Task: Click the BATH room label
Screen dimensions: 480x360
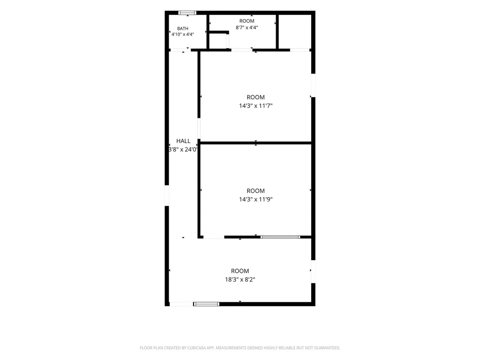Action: point(183,29)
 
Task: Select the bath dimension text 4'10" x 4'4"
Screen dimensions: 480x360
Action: point(183,34)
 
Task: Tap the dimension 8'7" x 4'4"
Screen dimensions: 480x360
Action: point(247,27)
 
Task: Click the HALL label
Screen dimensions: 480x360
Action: point(183,141)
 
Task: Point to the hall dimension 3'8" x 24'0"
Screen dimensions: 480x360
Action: point(183,150)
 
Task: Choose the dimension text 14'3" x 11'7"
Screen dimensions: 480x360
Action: point(255,105)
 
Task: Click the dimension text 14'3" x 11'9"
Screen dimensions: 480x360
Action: point(255,199)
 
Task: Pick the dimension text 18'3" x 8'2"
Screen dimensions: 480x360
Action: point(240,279)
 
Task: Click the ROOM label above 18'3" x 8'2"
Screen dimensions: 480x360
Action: point(240,271)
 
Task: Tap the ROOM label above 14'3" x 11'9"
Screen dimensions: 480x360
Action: point(255,191)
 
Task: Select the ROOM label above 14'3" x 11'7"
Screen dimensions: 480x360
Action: point(255,97)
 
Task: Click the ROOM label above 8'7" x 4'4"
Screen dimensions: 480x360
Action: point(247,21)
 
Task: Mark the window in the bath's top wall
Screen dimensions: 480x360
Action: point(187,13)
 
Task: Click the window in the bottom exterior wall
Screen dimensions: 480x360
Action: point(206,304)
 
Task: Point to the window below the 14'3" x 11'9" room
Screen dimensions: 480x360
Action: point(280,237)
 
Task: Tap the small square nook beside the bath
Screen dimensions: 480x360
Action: point(217,41)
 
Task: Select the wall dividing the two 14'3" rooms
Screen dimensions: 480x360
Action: point(255,142)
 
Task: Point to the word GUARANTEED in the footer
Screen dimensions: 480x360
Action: point(328,348)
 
